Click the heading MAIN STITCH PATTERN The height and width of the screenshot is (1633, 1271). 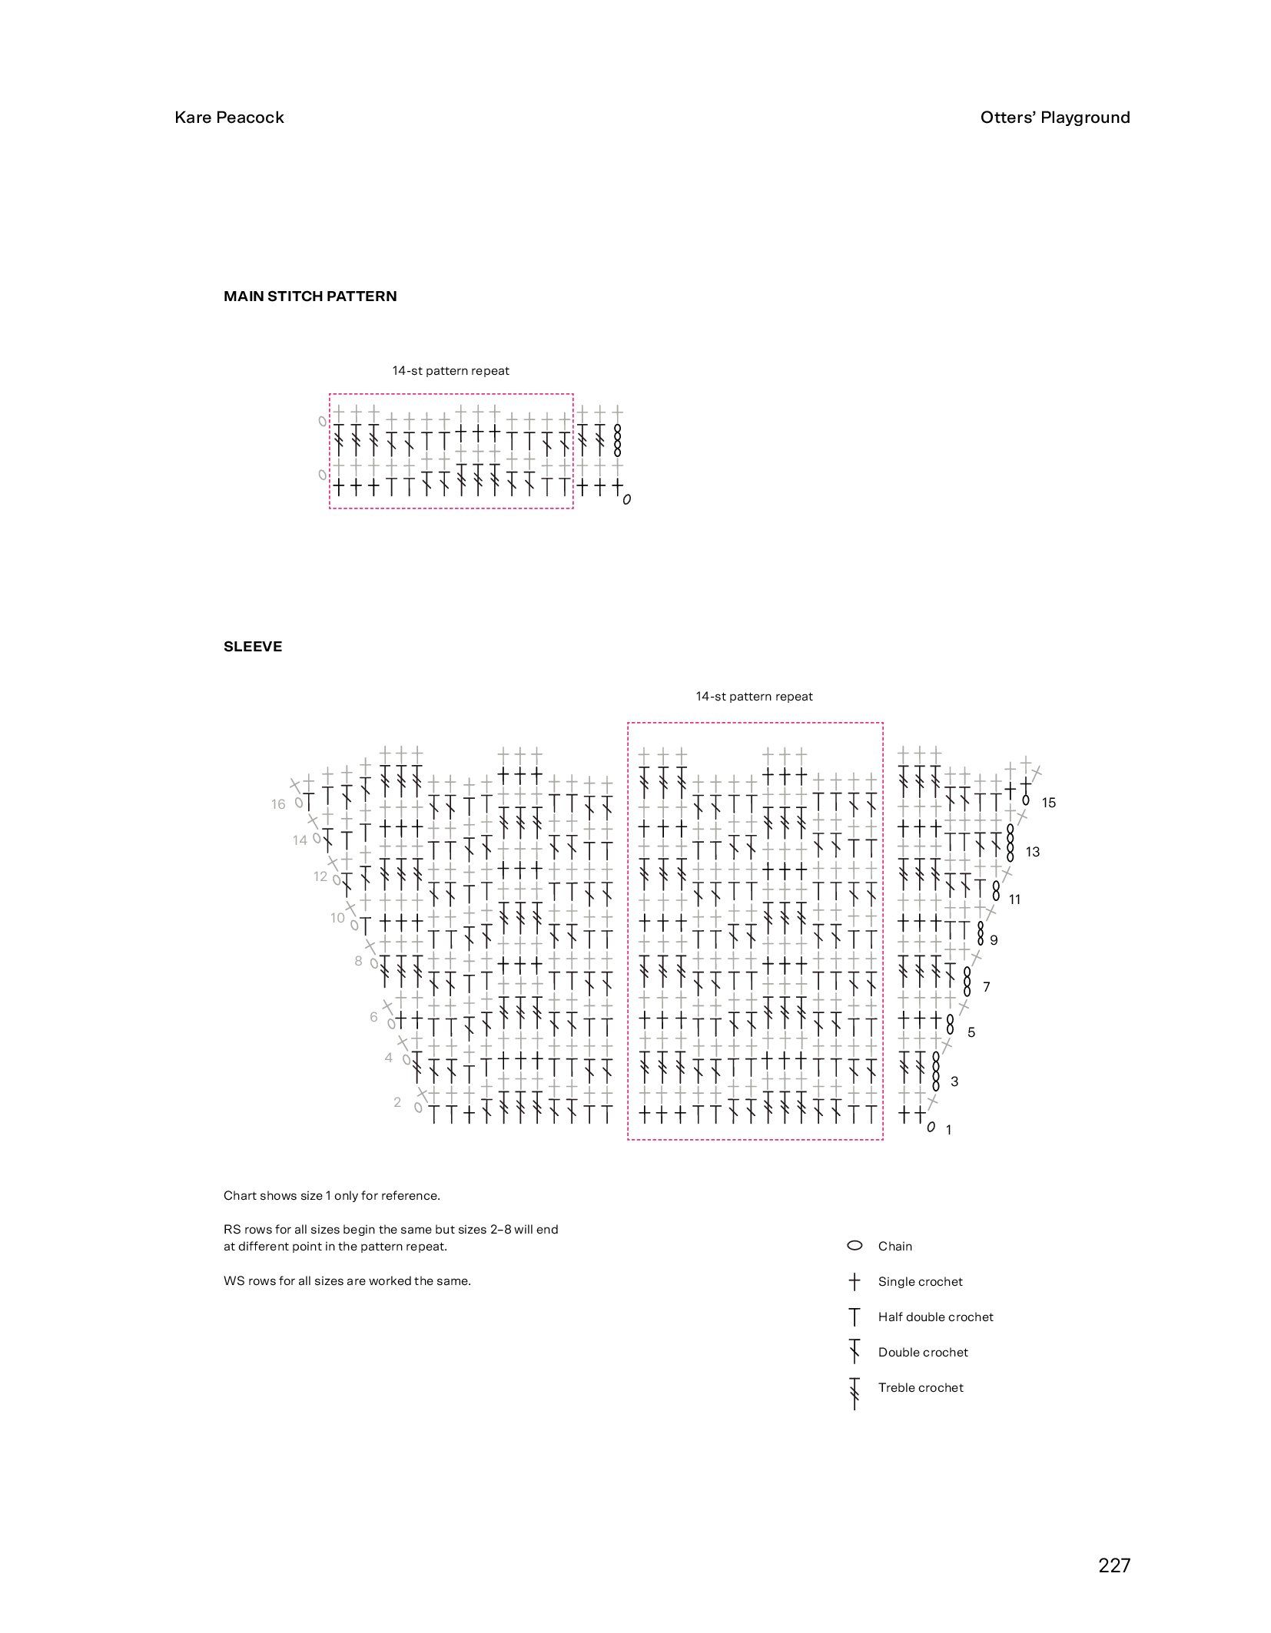(x=310, y=296)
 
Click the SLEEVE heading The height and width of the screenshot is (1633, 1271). (x=253, y=647)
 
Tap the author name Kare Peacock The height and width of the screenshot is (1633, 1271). (x=229, y=118)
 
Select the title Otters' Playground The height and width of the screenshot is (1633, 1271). (x=1054, y=118)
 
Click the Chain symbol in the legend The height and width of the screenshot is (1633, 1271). (x=855, y=1246)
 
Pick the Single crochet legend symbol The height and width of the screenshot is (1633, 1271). (x=855, y=1281)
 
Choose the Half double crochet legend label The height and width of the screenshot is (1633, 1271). (x=935, y=1317)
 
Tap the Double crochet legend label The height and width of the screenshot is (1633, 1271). (x=923, y=1352)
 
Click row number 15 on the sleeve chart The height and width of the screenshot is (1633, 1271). (x=1048, y=803)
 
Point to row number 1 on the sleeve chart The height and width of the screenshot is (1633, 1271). (x=949, y=1130)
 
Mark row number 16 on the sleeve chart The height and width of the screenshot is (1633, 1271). (x=277, y=804)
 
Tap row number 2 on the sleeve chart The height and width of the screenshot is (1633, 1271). (x=397, y=1102)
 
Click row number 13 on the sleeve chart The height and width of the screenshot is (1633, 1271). (x=1032, y=852)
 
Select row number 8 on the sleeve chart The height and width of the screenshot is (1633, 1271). (x=358, y=961)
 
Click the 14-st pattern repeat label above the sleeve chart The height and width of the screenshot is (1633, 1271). (x=754, y=697)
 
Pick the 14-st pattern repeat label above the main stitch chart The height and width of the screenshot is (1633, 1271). (x=450, y=371)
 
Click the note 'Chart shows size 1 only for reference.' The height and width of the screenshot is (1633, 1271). (x=331, y=1195)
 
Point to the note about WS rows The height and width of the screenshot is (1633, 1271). (x=347, y=1280)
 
